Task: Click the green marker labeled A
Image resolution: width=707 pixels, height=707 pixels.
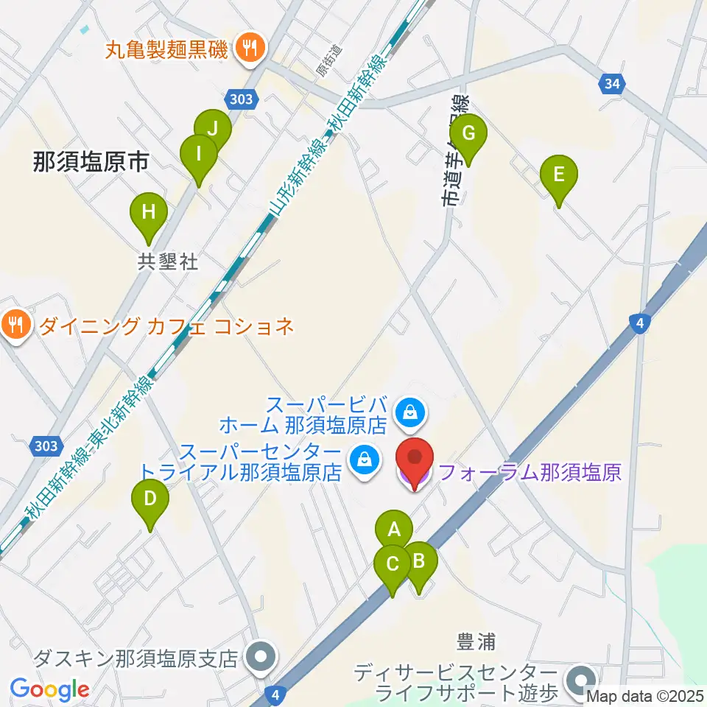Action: click(393, 529)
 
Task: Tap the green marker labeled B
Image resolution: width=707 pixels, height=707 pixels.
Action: click(419, 562)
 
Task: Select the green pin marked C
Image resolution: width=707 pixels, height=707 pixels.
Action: click(393, 565)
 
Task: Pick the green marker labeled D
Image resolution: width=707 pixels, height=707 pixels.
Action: click(150, 499)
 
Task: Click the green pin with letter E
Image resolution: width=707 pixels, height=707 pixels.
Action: click(558, 175)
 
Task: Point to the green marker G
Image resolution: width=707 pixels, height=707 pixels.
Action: click(468, 134)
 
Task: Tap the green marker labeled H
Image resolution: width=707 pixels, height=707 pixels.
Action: click(149, 213)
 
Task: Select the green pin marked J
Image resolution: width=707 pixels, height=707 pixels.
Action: click(213, 127)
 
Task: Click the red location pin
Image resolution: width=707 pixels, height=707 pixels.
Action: click(415, 457)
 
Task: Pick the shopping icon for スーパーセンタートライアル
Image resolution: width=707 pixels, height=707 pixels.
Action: click(364, 460)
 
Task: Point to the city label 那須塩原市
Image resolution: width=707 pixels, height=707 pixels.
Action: click(91, 162)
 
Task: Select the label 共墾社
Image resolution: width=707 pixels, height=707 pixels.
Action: click(168, 261)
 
